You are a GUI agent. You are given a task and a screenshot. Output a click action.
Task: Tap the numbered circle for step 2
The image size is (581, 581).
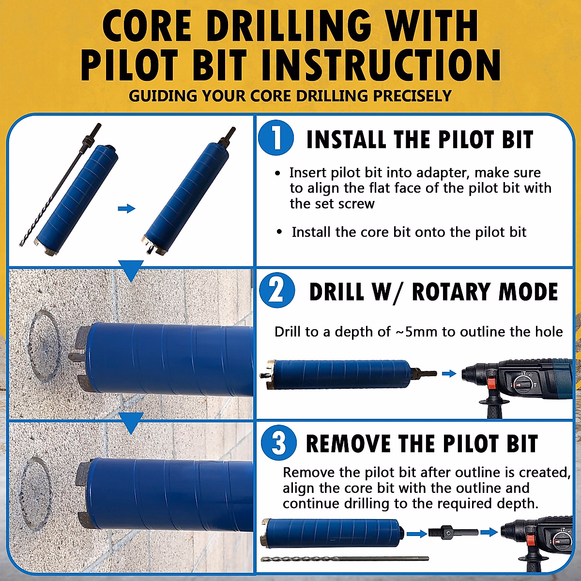(276, 290)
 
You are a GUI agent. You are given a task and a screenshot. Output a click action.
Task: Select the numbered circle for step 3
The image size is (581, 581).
(278, 443)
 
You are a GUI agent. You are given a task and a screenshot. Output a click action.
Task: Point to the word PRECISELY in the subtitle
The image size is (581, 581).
(412, 96)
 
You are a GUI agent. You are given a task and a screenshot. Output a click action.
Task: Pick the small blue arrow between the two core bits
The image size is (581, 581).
(126, 208)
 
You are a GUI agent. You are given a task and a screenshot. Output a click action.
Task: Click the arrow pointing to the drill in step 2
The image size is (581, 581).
(449, 373)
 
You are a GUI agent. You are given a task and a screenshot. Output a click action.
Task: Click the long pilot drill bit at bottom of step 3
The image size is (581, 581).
(344, 559)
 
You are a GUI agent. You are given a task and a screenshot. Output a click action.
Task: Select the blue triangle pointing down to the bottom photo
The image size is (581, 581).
(131, 423)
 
